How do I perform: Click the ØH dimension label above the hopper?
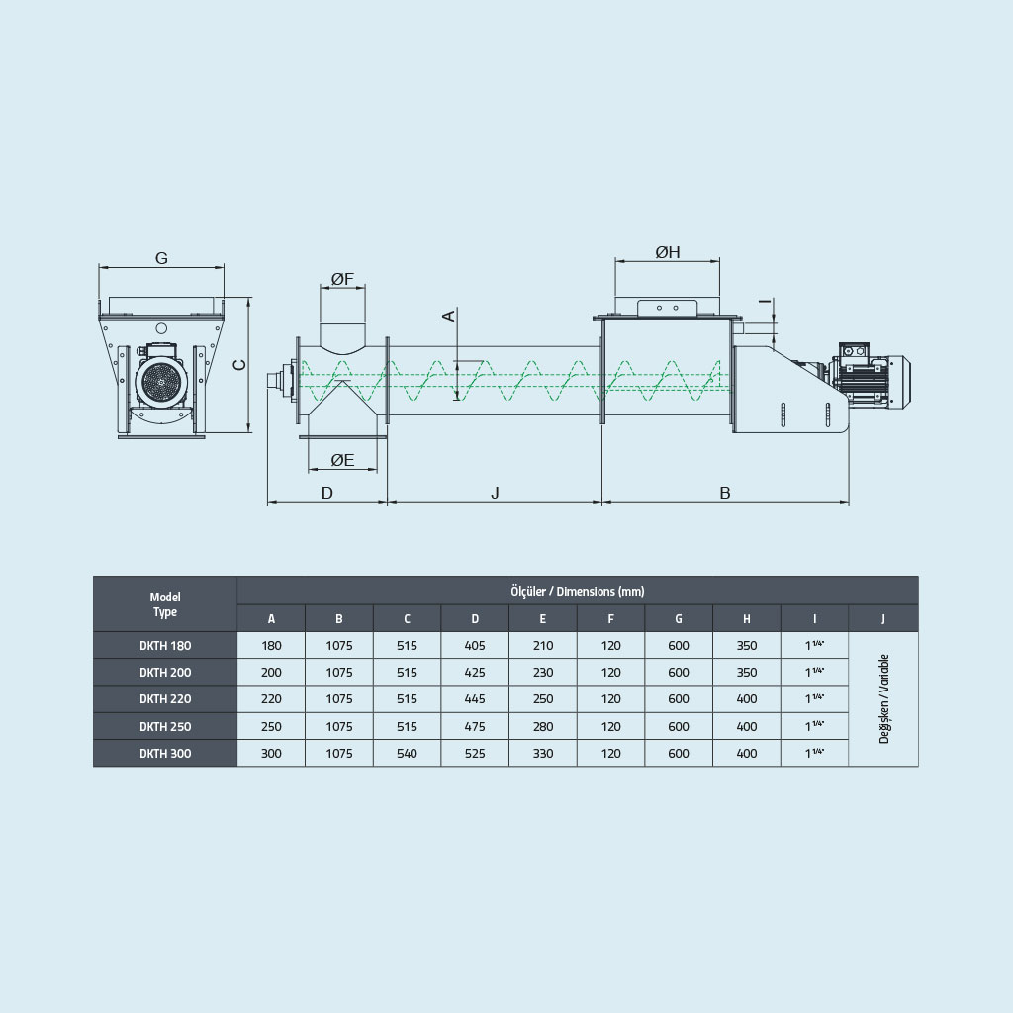coord(668,252)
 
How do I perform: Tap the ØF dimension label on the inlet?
coord(342,278)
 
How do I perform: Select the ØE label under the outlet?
coord(342,460)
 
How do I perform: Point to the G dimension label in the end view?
coord(161,258)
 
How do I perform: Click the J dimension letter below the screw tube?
coord(495,493)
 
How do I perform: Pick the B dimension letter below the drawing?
coord(725,493)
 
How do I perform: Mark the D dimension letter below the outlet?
coord(326,493)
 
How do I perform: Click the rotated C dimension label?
coord(239,365)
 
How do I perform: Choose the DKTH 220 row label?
coord(165,699)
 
